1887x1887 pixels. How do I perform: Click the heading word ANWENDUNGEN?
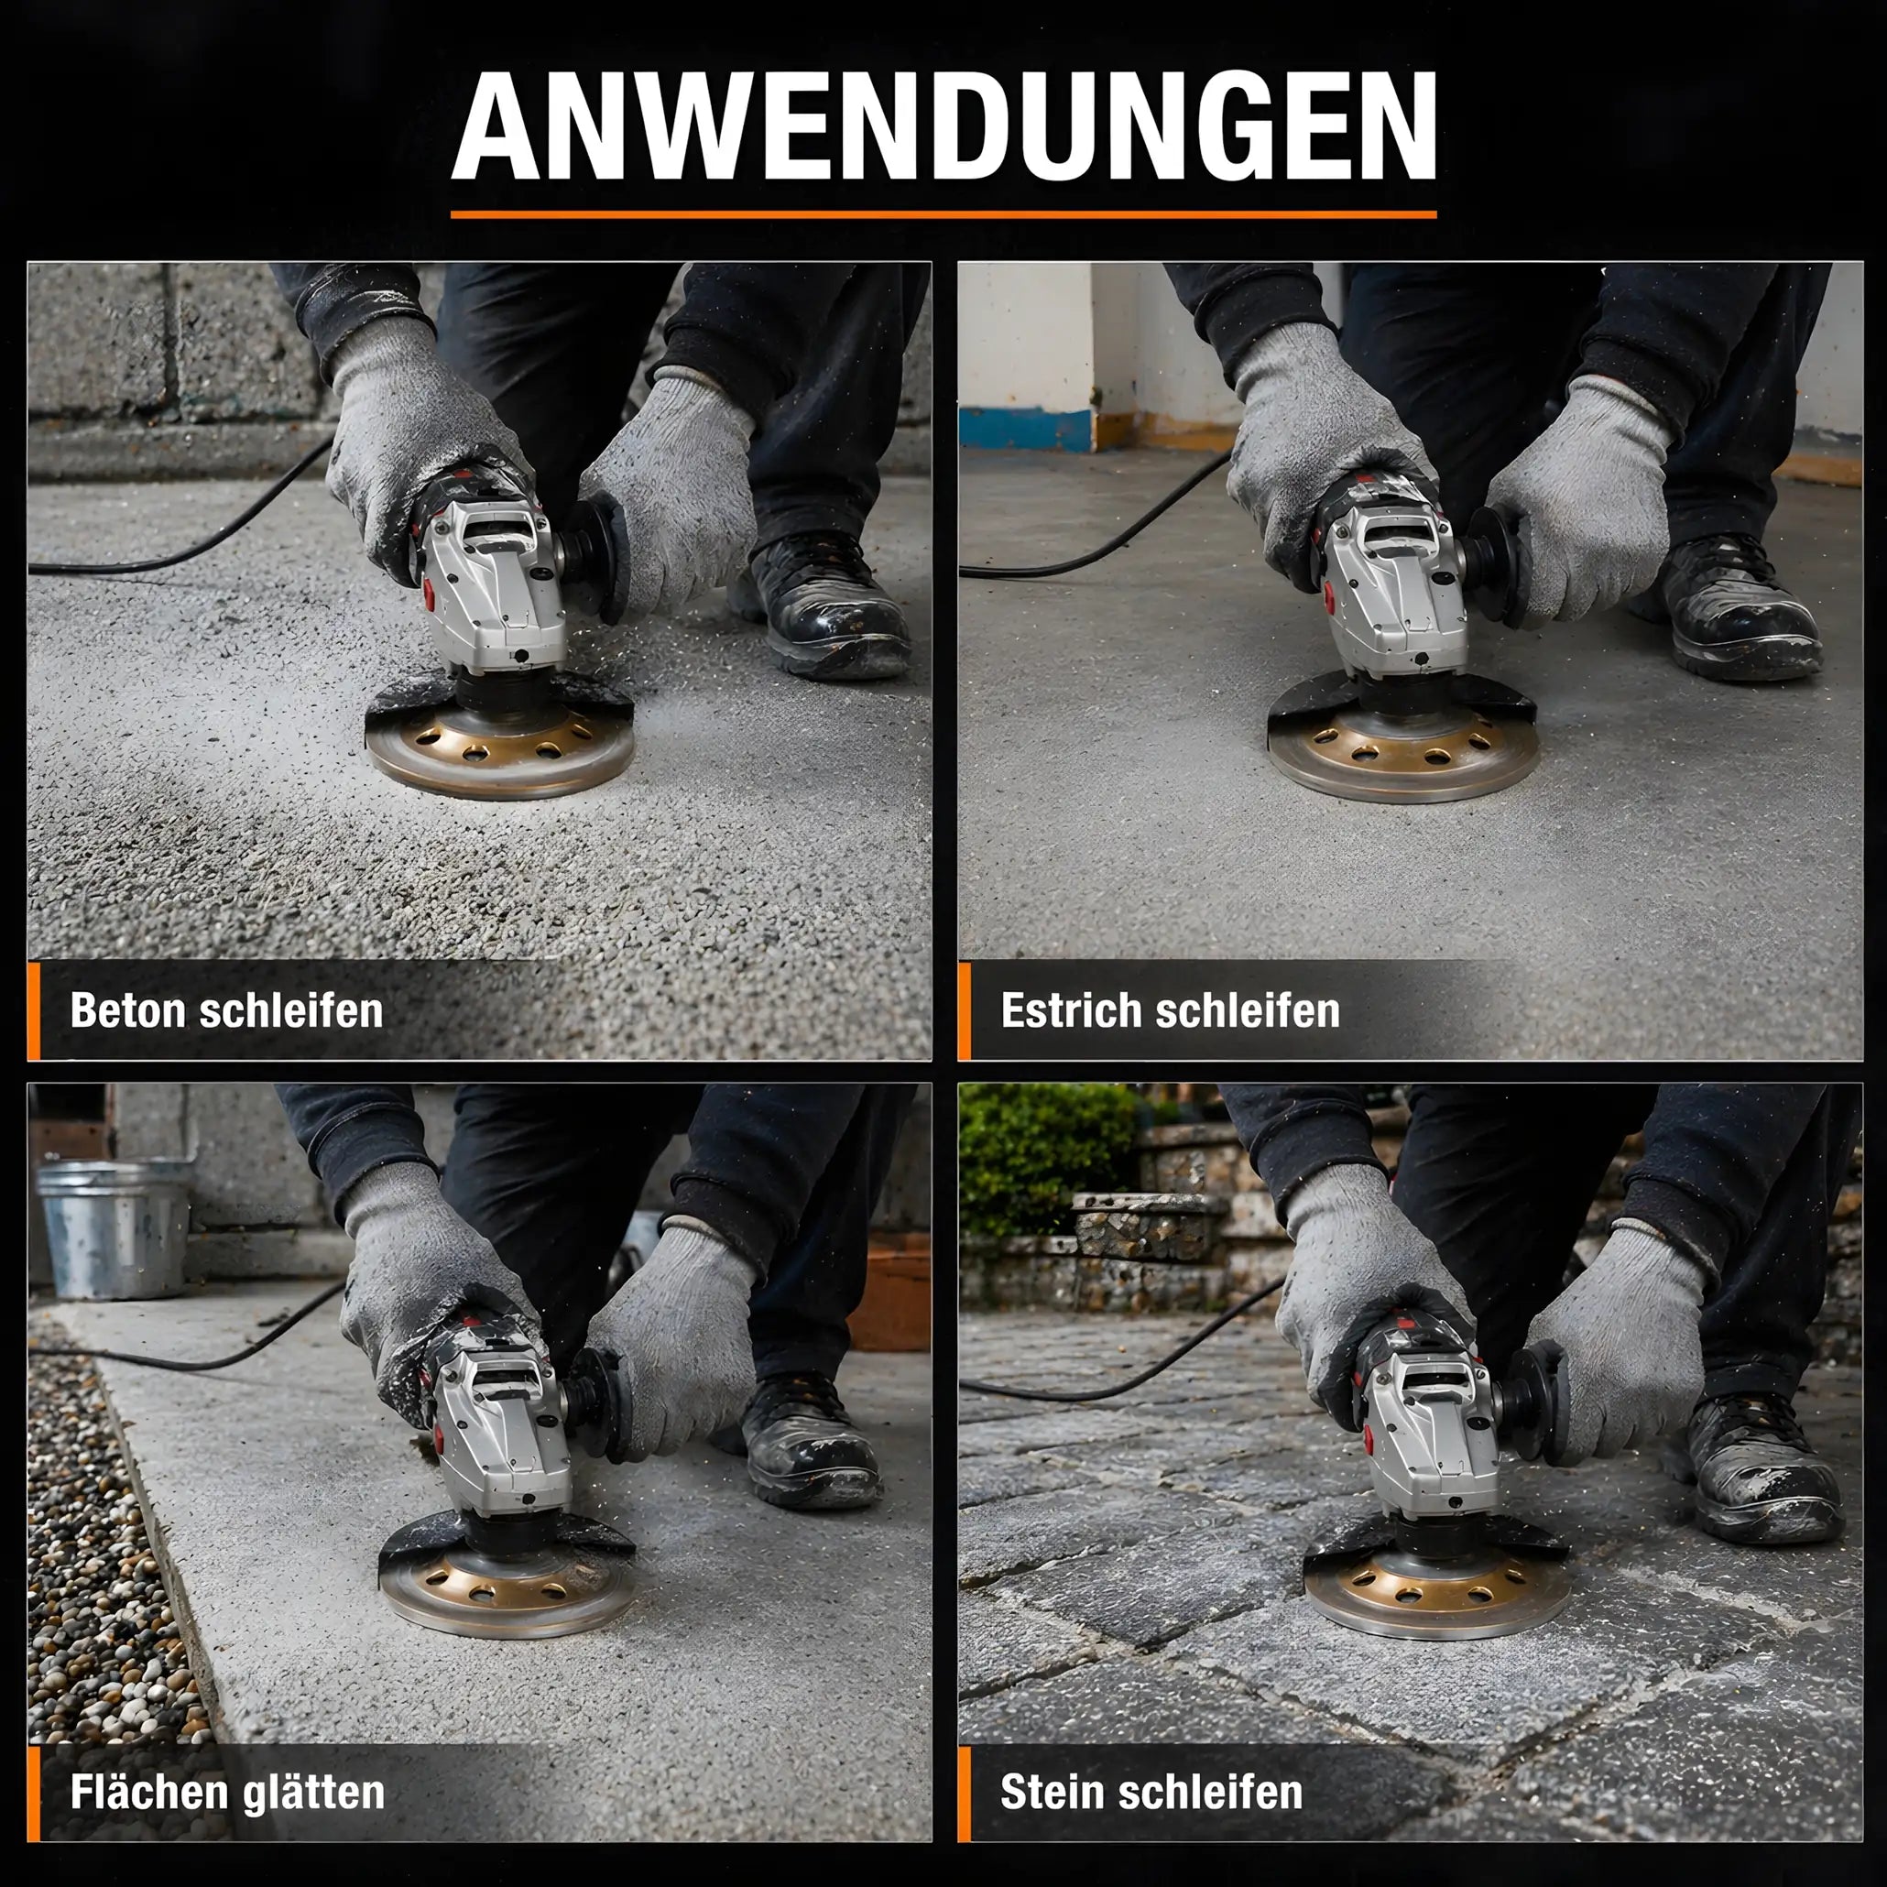coord(943,126)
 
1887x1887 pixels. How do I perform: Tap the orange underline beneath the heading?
coord(943,214)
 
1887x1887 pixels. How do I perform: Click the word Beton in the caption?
coord(128,1010)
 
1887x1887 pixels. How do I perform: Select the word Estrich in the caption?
coord(1071,1010)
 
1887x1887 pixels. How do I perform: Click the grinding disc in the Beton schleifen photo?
coord(499,749)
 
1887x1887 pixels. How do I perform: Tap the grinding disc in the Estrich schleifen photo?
coord(1402,754)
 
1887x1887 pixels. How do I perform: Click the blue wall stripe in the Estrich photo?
coord(1026,430)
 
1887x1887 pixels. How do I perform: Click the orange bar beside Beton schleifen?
coord(34,1011)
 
